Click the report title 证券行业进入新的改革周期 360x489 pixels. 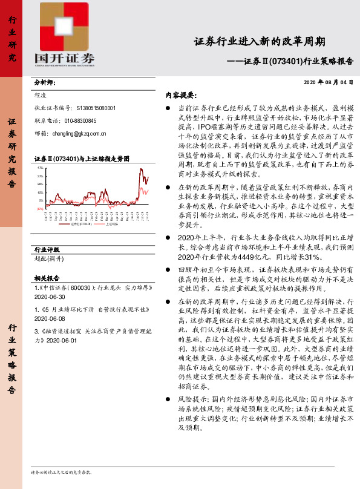pos(260,42)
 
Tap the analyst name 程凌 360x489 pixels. pos(42,95)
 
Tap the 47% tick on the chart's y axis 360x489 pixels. pos(40,166)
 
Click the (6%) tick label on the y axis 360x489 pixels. pos(39,208)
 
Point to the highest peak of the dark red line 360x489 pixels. pos(143,169)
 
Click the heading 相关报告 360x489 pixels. pos(45,278)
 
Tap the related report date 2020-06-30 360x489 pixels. pos(50,298)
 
